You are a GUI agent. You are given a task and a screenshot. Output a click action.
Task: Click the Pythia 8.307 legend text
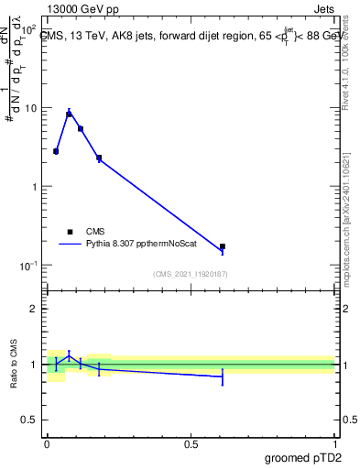tap(141, 245)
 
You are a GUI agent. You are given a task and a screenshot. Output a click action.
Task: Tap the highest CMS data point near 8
tap(69, 115)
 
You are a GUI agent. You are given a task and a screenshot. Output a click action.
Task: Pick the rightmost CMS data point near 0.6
tap(223, 246)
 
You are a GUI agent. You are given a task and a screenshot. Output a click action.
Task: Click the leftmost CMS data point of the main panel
tap(56, 151)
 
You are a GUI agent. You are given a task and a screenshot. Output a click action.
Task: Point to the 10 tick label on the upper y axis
tap(31, 108)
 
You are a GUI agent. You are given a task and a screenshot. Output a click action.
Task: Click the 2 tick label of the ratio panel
tap(34, 309)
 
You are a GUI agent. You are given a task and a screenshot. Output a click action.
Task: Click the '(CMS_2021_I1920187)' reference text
tap(190, 274)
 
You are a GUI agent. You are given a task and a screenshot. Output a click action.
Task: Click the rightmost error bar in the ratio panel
tap(223, 376)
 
